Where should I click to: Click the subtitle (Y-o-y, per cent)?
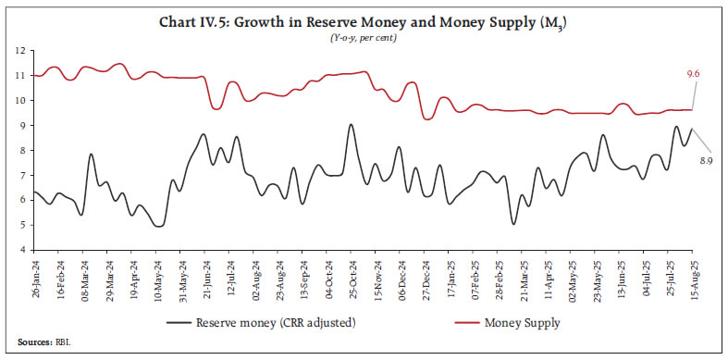tap(363, 34)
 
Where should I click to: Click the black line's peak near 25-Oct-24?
tap(351, 125)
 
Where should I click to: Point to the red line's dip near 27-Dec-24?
tap(426, 118)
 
